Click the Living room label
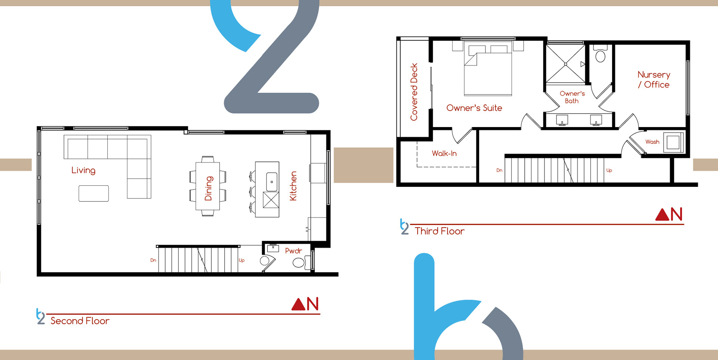click(83, 170)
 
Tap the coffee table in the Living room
click(93, 193)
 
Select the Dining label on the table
click(208, 188)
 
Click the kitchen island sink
click(272, 182)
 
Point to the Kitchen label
click(293, 186)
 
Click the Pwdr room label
click(294, 251)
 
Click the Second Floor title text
click(80, 321)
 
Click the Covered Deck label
click(414, 92)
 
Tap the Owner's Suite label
click(474, 108)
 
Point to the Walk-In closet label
click(444, 153)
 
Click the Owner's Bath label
click(572, 97)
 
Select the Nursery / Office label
click(654, 80)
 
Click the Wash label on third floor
click(652, 142)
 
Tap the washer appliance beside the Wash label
click(673, 142)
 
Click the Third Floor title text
click(440, 231)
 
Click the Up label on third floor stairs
click(609, 170)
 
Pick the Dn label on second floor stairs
click(153, 260)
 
